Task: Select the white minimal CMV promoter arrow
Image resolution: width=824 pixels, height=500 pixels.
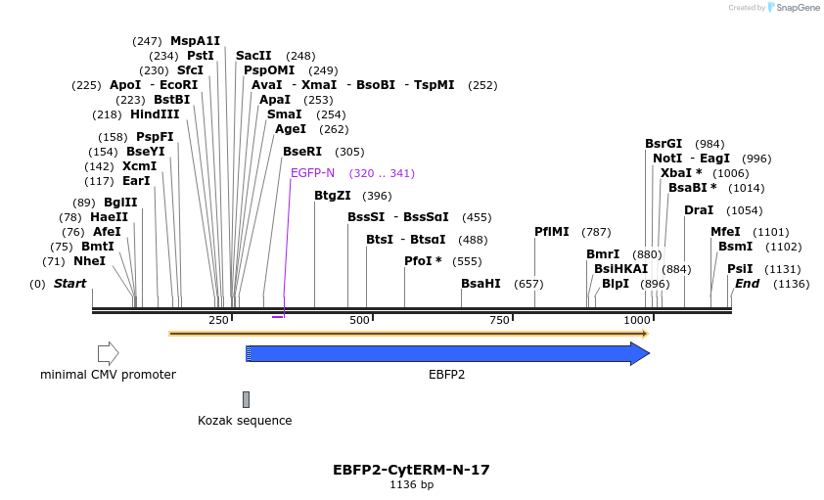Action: (108, 353)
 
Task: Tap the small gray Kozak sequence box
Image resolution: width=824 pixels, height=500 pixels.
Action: (246, 399)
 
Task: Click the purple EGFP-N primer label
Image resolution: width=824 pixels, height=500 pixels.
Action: (312, 173)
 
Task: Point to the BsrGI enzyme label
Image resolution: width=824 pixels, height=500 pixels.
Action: (664, 144)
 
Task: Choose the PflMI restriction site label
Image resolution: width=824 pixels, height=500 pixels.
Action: (552, 232)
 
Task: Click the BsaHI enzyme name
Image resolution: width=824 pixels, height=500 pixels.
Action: (481, 284)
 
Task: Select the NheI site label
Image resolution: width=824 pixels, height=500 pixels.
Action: (89, 261)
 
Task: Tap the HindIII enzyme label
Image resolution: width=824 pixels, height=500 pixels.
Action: (155, 114)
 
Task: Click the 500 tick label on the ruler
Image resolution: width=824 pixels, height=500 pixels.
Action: (359, 321)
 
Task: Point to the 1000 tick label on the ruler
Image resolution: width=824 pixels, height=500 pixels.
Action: (637, 321)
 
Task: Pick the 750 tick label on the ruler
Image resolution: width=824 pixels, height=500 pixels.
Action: (499, 321)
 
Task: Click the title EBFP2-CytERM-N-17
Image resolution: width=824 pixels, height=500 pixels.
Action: (411, 470)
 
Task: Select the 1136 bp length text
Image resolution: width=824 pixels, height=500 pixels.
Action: (411, 484)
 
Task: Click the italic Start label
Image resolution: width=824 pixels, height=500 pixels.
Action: (69, 284)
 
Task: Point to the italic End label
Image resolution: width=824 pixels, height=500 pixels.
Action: (747, 284)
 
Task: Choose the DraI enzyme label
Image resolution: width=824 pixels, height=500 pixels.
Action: (699, 210)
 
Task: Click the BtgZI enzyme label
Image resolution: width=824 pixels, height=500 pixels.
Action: (333, 196)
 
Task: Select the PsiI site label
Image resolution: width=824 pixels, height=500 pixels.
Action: (740, 269)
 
